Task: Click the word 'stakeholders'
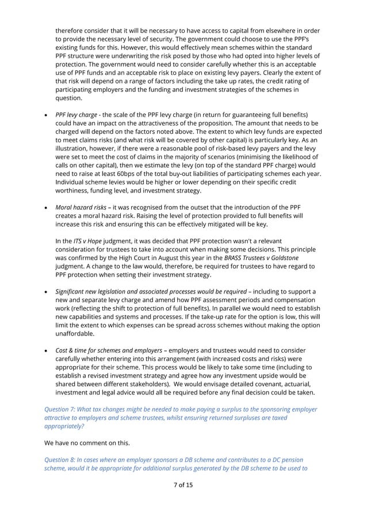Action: tap(144, 384)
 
